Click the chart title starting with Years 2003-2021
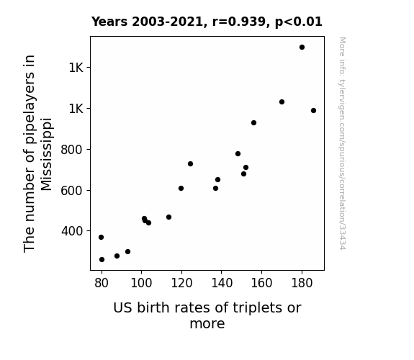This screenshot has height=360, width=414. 207,22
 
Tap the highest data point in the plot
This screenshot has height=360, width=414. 302,48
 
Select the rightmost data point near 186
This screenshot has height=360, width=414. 313,111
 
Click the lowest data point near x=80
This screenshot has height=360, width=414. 102,260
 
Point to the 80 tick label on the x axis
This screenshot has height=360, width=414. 102,283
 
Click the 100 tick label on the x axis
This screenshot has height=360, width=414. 142,283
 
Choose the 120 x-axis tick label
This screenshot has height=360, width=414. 181,283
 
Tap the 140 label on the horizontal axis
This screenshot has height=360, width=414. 222,283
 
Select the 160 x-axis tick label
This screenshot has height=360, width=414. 261,283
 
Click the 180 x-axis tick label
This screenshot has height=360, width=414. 302,283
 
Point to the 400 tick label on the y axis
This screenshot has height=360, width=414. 72,231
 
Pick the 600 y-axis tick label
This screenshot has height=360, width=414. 72,190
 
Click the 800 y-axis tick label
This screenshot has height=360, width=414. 72,150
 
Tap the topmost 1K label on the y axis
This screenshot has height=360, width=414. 76,68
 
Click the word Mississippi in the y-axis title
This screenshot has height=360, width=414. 47,154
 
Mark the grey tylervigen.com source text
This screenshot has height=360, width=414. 342,143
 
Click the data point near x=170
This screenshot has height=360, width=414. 282,102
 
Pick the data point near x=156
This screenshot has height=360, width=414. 253,123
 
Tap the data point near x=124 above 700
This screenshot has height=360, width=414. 190,164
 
